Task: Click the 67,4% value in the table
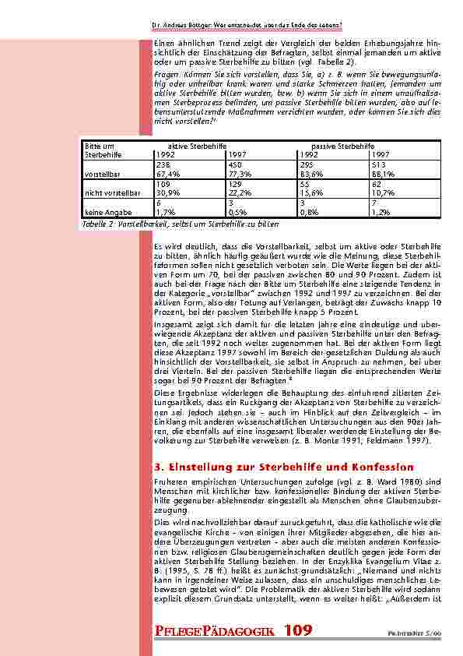click(169, 175)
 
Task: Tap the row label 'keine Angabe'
click(105, 211)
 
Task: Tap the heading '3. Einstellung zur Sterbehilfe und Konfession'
click(284, 467)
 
